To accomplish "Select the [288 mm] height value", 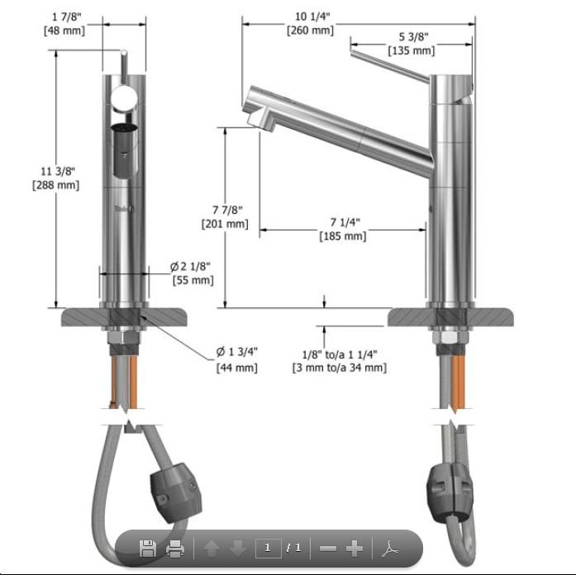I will click(55, 185).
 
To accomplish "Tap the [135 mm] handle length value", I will click(411, 51).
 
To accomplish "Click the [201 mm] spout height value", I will click(224, 223).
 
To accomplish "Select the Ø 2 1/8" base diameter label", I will click(191, 266).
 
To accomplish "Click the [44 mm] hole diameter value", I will click(236, 367).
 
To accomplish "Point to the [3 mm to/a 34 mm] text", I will click(339, 367).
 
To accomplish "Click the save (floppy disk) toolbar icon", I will click(148, 548).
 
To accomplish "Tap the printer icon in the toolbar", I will click(174, 548).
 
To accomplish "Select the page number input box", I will click(268, 548).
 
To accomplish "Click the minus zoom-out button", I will click(328, 548).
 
